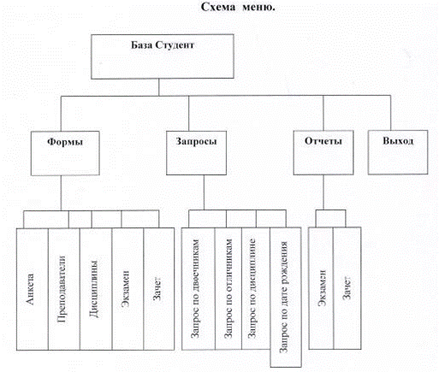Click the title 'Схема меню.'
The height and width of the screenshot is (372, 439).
[238, 7]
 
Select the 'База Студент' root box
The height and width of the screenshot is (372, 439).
[163, 56]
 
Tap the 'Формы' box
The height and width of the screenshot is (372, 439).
[65, 153]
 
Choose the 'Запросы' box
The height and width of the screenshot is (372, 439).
[196, 153]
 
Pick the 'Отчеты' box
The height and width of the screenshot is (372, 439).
[323, 152]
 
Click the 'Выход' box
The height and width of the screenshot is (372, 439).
[398, 152]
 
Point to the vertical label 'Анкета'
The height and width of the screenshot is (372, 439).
[30, 289]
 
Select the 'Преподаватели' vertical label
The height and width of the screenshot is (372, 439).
[62, 289]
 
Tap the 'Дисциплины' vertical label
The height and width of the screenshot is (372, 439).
[94, 289]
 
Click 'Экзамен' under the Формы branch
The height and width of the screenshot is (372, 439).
[125, 288]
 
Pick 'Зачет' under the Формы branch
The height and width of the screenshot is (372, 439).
[157, 288]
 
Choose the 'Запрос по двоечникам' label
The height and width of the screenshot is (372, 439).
[195, 288]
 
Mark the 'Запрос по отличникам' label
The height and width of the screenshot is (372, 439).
[228, 288]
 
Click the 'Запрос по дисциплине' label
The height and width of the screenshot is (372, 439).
[252, 288]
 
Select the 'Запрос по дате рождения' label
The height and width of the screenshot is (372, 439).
[283, 297]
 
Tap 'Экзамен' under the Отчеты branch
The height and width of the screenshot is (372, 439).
[322, 288]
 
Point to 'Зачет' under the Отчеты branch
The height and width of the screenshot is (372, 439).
[347, 288]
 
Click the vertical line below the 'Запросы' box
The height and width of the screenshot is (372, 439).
[204, 192]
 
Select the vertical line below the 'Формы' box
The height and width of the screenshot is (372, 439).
[61, 193]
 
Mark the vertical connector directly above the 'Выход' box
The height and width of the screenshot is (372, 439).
[390, 113]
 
